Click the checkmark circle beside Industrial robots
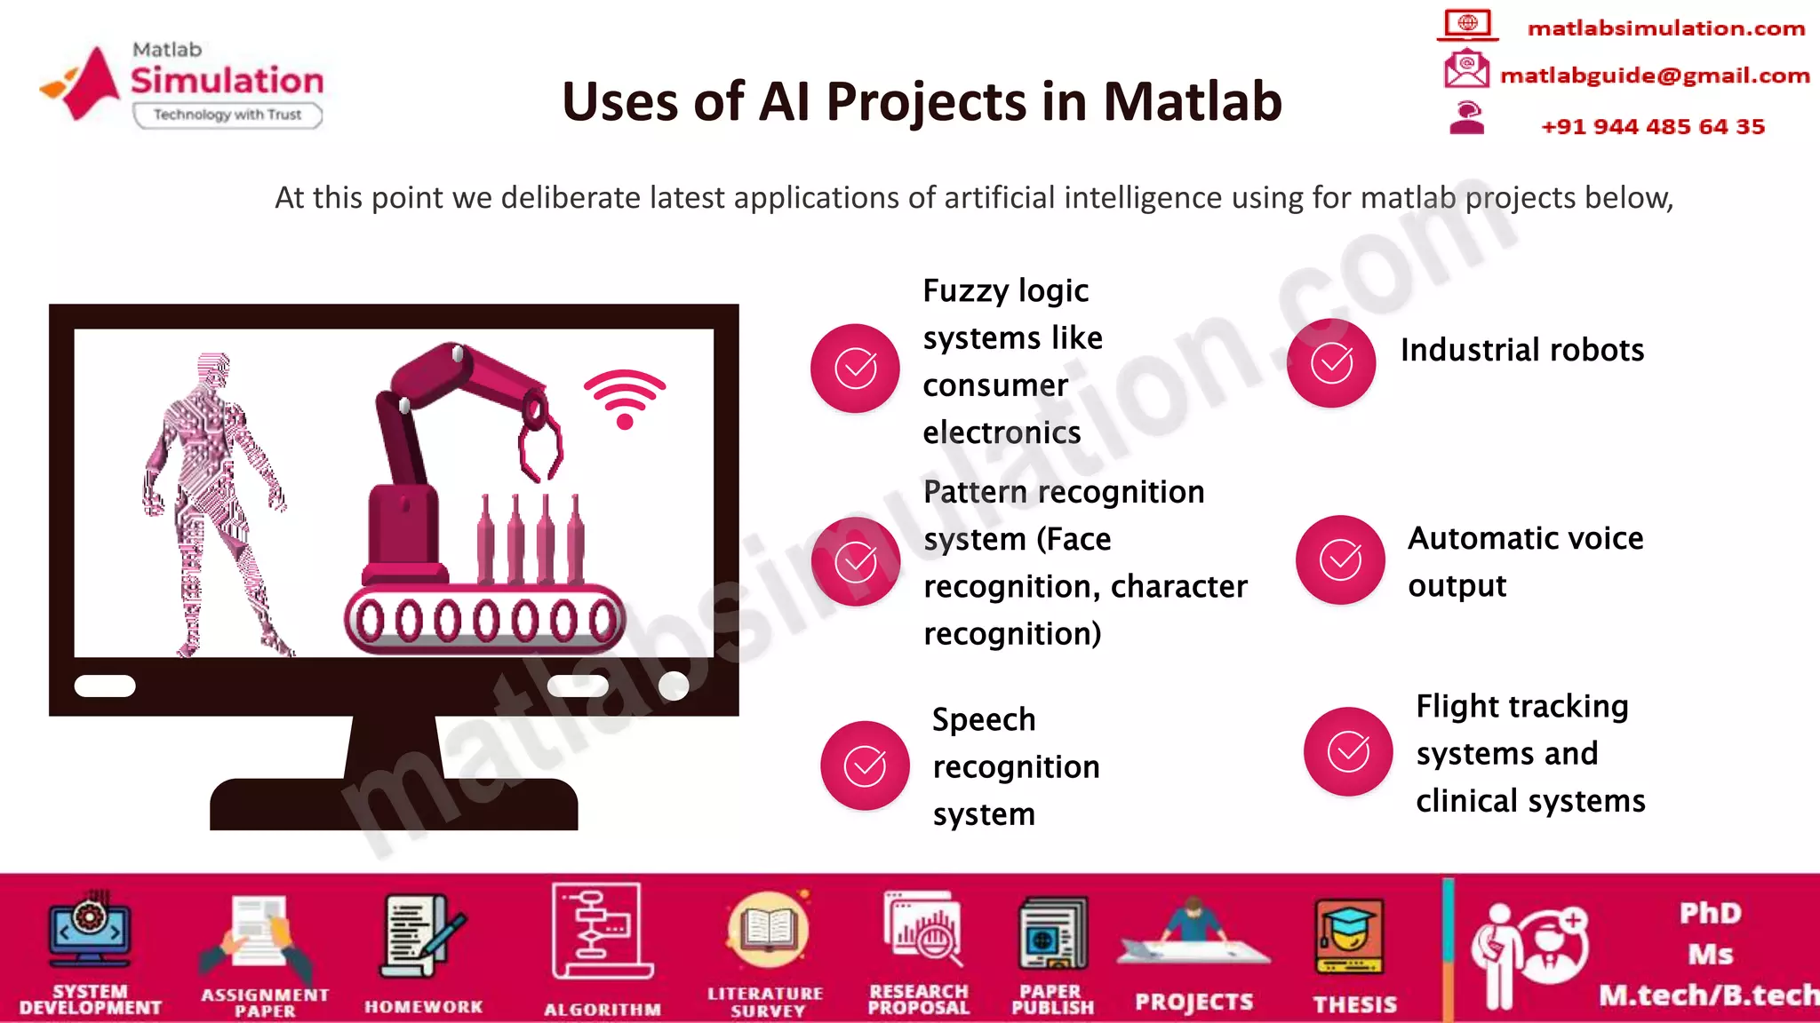(1331, 363)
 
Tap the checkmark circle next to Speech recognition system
(865, 765)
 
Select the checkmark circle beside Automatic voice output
(1340, 559)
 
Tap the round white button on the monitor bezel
(674, 686)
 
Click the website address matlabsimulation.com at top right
(1665, 28)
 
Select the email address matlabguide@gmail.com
(1654, 75)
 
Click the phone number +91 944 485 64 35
(1652, 127)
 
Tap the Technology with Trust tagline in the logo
(227, 115)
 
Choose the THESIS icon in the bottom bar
(1350, 938)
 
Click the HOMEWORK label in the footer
(423, 1007)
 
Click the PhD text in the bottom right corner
(1710, 913)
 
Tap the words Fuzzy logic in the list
(1005, 291)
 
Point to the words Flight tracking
(1521, 707)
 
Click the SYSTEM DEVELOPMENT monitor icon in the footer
(90, 931)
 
